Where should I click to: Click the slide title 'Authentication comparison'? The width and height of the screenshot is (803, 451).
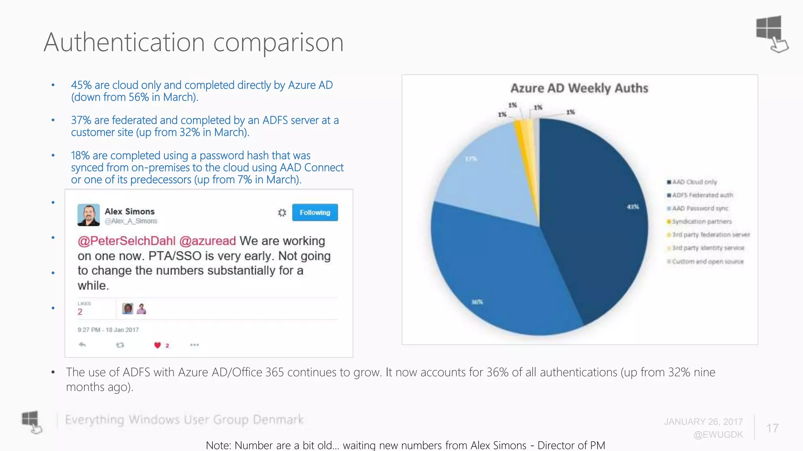(x=194, y=42)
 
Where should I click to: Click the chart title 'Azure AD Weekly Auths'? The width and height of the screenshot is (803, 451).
(x=579, y=88)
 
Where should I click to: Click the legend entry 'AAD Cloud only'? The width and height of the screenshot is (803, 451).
(x=694, y=182)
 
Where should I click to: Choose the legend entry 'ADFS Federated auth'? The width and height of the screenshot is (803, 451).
(x=702, y=195)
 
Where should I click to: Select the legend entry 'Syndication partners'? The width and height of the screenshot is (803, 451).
(x=701, y=222)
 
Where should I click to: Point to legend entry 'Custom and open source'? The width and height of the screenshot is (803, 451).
(x=707, y=262)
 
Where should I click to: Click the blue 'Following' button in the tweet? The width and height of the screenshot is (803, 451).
(x=315, y=213)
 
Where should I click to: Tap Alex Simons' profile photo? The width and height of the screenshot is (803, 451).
(x=89, y=215)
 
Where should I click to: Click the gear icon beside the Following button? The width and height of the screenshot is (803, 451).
(x=282, y=213)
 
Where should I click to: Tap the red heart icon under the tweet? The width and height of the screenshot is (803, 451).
(x=158, y=345)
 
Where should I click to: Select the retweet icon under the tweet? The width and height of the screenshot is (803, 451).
(x=120, y=345)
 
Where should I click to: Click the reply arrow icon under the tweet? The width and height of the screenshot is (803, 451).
(x=82, y=345)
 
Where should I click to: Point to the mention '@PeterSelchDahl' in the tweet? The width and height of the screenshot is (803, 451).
(x=126, y=241)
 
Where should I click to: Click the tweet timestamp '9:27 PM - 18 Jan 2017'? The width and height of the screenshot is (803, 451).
(x=108, y=330)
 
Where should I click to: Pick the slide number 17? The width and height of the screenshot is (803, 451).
(x=772, y=428)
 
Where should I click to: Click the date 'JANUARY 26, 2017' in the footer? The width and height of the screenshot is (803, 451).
(x=703, y=422)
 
